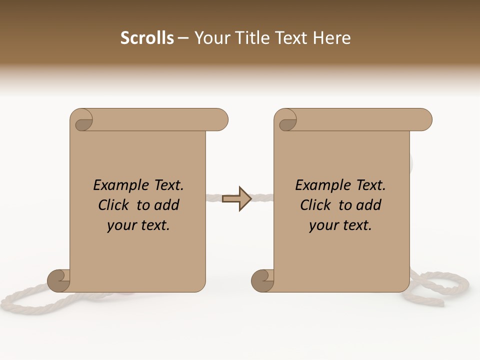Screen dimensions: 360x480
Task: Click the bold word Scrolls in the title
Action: [147, 38]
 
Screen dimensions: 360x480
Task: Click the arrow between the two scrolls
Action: [237, 199]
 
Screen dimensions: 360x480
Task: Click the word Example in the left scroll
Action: [117, 185]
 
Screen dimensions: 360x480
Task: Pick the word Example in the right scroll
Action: [319, 185]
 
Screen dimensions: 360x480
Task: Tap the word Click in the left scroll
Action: [115, 205]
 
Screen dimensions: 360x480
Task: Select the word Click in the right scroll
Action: [317, 205]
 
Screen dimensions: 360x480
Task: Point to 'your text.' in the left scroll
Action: [138, 225]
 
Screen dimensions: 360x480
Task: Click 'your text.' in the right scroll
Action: [340, 225]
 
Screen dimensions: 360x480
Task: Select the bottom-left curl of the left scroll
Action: [59, 281]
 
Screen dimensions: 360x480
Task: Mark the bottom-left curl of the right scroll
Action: [263, 281]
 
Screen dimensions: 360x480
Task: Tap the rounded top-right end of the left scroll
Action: [220, 119]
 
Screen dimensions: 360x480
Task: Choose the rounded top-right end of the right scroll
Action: [424, 119]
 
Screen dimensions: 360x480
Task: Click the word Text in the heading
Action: [289, 38]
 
